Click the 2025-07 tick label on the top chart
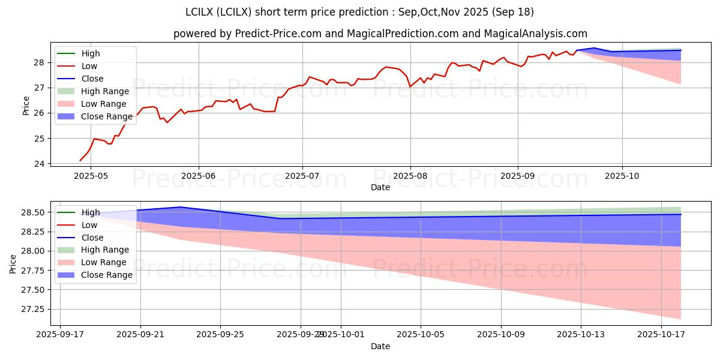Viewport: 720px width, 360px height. [302, 176]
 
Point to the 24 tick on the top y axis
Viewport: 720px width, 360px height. [38, 164]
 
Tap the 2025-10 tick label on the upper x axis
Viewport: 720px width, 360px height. [622, 176]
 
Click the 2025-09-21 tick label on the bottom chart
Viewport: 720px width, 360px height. [140, 334]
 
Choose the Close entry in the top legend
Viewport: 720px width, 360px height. [92, 79]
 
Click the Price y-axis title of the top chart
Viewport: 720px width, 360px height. [26, 105]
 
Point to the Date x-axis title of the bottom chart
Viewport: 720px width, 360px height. [380, 346]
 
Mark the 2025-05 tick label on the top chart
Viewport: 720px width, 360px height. [90, 176]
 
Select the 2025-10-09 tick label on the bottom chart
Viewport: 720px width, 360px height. [500, 334]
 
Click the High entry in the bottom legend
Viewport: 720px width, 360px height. [91, 212]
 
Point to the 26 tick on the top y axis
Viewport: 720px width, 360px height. [38, 113]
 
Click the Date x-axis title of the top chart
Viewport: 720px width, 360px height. [380, 187]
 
